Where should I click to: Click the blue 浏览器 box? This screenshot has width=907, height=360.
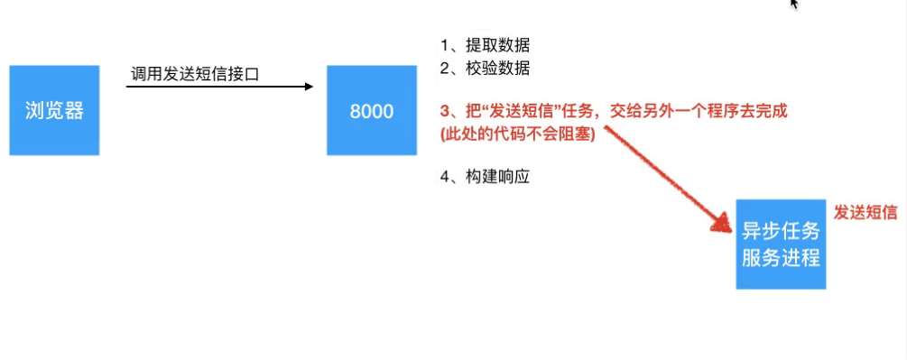coord(54,110)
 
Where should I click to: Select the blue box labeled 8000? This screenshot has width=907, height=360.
coord(372,110)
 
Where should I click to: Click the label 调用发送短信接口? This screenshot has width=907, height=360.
coord(194,74)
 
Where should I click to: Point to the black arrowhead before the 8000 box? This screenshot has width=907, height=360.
coord(308,87)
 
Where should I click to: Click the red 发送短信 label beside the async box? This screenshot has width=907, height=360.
coord(865,212)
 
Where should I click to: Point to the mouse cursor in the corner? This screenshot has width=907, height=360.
coord(793,4)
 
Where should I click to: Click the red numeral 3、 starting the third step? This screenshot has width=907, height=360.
coord(449,112)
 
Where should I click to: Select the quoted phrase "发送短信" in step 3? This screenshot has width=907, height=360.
coord(509,112)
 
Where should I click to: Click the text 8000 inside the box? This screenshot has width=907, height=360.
coord(372,112)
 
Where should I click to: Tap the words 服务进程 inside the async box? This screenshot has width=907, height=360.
coord(781,257)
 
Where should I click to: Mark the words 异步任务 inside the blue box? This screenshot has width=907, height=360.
coord(781,229)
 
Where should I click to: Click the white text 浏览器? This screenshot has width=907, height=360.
coord(54,111)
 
